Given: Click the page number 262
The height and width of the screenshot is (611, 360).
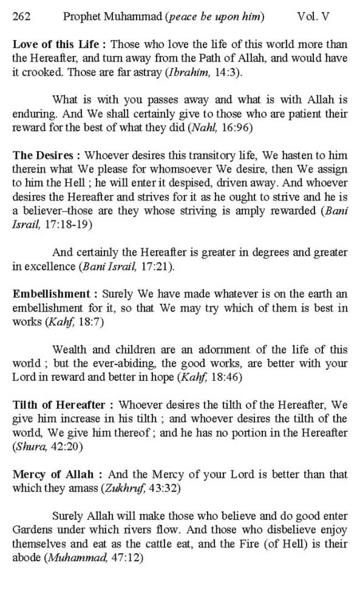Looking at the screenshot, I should click(21, 17).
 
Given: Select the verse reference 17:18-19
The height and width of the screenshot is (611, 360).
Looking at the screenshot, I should click(67, 225).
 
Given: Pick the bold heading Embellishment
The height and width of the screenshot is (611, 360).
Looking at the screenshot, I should click(51, 294).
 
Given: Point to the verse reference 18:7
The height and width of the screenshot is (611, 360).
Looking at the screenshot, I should click(91, 322).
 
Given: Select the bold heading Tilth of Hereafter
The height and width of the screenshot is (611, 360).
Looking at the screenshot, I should click(59, 405).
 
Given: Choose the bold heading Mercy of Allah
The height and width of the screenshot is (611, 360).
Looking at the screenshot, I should click(53, 474).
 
